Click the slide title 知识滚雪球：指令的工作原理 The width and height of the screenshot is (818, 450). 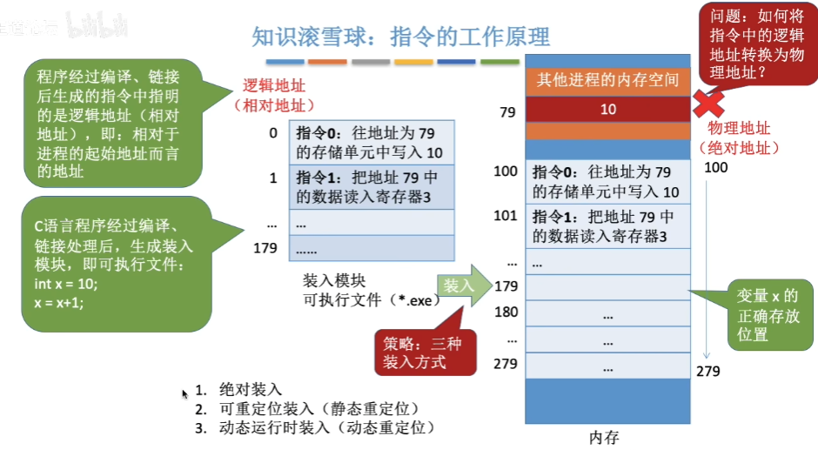[x=400, y=37]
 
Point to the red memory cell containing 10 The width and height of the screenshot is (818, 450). [x=607, y=109]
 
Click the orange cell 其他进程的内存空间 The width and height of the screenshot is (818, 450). [x=607, y=81]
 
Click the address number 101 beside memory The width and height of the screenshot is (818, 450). [x=505, y=215]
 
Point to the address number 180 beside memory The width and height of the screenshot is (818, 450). [x=506, y=312]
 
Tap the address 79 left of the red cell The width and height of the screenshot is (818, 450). [x=507, y=111]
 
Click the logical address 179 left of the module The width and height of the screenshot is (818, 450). [x=265, y=249]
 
